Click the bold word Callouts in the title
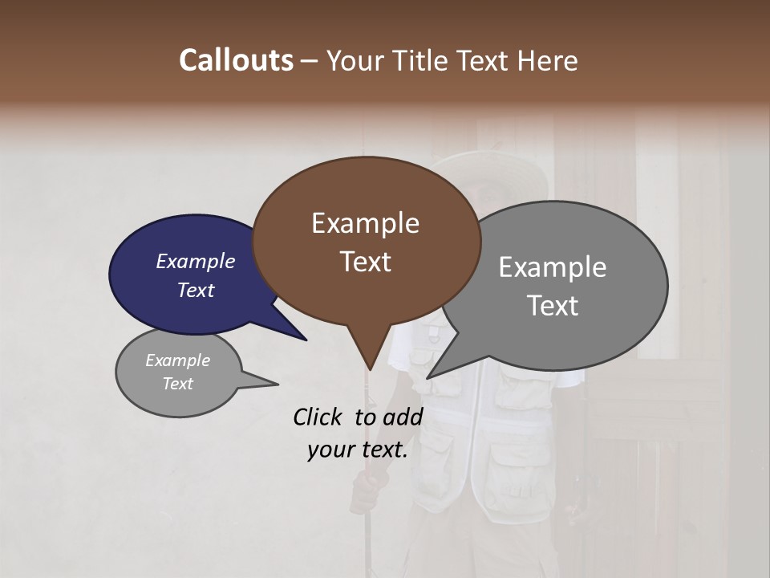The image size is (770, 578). coord(236,60)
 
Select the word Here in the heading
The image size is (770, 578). coord(549,61)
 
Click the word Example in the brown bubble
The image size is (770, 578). coord(365,223)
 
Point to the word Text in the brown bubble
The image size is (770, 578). coord(365,262)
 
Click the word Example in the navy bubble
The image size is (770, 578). coord(195,262)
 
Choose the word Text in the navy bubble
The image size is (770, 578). coord(195,291)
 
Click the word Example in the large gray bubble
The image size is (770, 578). coord(552,267)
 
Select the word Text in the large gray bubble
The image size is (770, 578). coord(552,306)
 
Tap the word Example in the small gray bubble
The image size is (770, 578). coord(177,360)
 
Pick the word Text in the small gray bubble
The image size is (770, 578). coord(177,384)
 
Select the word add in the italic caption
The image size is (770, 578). coord(403,417)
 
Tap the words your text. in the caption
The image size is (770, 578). coord(358,450)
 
